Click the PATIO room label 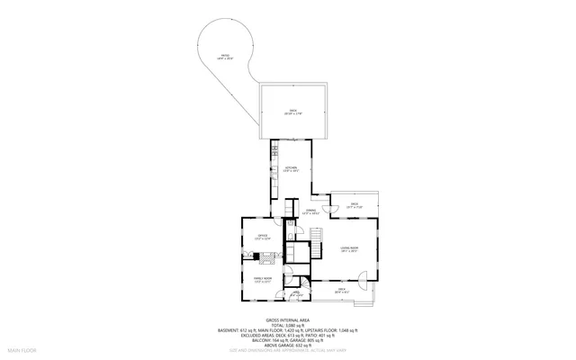(x=226, y=57)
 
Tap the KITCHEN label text (x=291, y=169)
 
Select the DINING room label (x=310, y=212)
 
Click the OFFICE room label (x=262, y=238)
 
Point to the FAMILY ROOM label (x=262, y=280)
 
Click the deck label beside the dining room (x=355, y=206)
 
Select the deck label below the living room (x=342, y=290)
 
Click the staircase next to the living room (x=316, y=241)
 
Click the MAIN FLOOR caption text (x=21, y=348)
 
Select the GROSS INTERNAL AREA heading (x=287, y=319)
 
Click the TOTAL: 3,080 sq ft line (x=287, y=325)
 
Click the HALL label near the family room (x=296, y=292)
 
